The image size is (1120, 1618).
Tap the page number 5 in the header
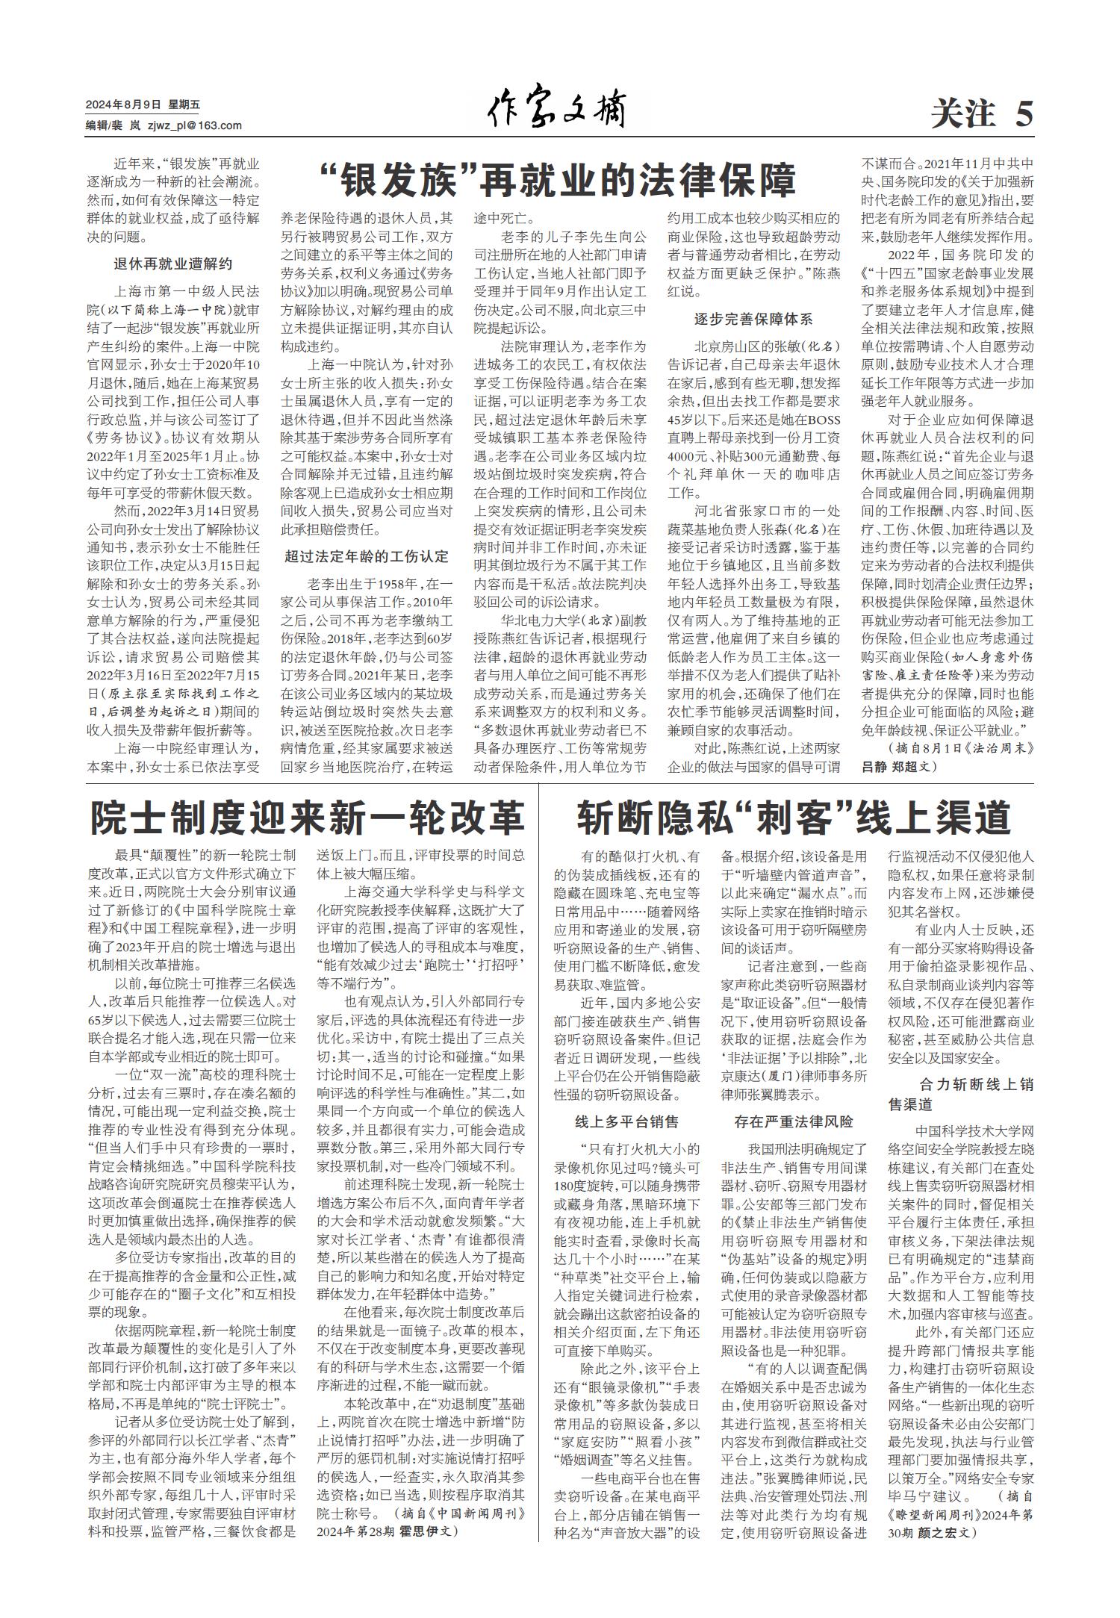click(1024, 114)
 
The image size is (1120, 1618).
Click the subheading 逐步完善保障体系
click(753, 320)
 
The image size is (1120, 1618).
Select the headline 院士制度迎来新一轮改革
click(307, 818)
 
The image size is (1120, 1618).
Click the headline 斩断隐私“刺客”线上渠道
click(793, 818)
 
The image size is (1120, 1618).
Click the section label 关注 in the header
click(963, 114)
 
